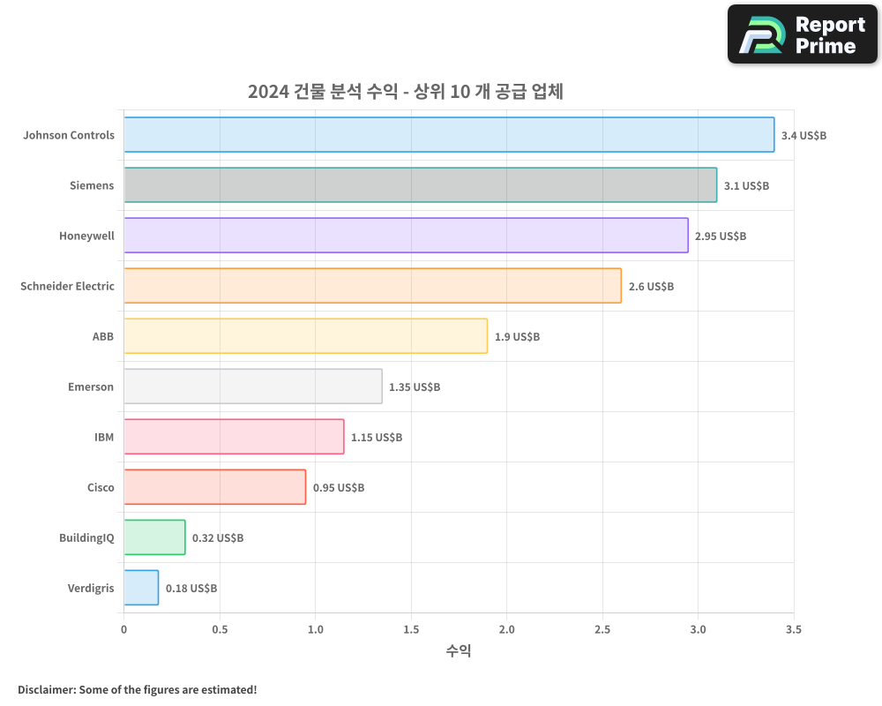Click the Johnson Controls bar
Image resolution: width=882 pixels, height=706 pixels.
449,135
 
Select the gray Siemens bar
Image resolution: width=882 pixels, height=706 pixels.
420,185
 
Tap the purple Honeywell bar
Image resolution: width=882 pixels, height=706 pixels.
406,236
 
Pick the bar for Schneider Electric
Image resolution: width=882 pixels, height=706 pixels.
372,286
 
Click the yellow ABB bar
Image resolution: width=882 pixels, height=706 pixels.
305,336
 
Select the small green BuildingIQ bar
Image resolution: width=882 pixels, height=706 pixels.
154,537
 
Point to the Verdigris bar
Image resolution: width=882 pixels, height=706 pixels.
141,588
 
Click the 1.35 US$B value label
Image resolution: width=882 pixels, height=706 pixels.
415,387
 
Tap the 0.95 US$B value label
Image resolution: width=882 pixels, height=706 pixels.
339,488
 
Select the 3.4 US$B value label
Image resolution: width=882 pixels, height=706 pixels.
804,136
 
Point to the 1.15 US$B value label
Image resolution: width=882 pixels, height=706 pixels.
377,438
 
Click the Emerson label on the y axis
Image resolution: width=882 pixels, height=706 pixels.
91,387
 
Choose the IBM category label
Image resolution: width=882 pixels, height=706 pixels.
104,438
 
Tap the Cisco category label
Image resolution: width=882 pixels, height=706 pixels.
101,488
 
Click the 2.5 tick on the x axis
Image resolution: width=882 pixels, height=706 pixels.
602,630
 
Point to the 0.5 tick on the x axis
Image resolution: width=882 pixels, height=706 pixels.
220,630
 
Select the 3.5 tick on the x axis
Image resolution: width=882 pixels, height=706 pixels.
793,630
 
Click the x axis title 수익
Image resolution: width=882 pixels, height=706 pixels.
459,651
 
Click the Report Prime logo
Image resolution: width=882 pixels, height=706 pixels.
802,34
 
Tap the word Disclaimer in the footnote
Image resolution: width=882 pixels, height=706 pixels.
45,690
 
